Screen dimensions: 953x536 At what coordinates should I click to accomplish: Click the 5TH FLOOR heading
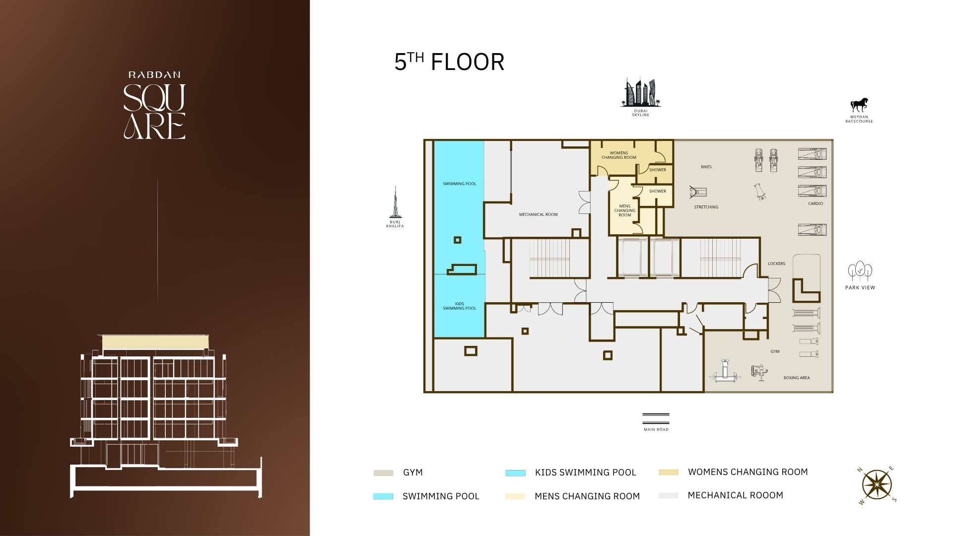click(449, 62)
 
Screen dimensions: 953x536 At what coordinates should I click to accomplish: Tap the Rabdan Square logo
click(154, 105)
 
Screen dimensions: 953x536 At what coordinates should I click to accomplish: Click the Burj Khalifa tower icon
click(395, 202)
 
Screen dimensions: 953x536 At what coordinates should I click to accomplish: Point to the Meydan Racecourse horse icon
click(859, 105)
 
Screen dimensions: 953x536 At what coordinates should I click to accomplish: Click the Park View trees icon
click(860, 271)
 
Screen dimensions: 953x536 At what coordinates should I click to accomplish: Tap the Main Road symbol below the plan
click(656, 418)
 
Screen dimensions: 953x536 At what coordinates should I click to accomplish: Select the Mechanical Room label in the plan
click(538, 214)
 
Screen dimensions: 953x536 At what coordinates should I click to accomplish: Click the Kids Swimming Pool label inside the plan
click(459, 306)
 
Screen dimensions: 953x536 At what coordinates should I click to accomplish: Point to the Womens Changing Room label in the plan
click(619, 155)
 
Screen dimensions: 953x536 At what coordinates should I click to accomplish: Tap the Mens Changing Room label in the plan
click(624, 210)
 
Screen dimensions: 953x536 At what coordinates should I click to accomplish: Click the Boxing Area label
click(797, 378)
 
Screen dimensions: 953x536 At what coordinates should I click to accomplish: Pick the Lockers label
click(776, 264)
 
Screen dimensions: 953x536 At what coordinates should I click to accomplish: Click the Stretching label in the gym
click(706, 207)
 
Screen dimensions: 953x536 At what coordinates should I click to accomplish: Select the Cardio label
click(816, 203)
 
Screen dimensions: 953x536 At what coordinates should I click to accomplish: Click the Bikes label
click(706, 167)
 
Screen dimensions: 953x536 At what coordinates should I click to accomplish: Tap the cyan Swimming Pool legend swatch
click(383, 496)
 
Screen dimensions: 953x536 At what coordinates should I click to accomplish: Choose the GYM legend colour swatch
click(383, 473)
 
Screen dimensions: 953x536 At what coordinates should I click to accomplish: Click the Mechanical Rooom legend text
click(735, 495)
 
